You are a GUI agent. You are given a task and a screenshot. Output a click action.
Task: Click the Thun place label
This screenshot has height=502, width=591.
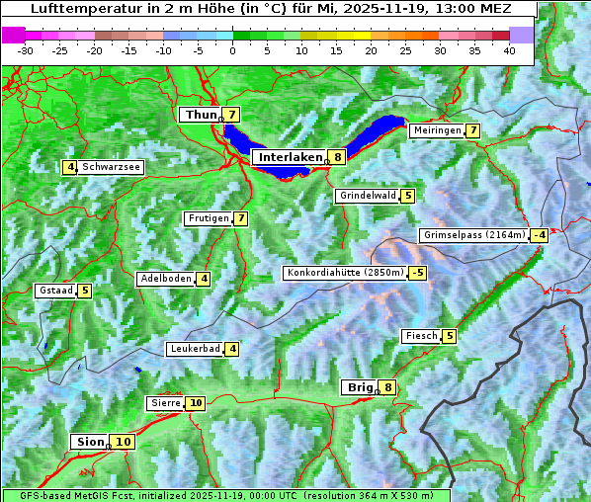tap(200, 116)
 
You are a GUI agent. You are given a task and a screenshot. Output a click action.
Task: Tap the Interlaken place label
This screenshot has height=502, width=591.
tap(291, 157)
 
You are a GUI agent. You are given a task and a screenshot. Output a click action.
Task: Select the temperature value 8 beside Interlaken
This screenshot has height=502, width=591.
tap(338, 157)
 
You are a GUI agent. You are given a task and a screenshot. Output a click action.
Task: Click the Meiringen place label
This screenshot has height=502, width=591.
tap(436, 130)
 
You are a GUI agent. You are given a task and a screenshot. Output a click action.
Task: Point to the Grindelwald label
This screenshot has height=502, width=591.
tap(368, 196)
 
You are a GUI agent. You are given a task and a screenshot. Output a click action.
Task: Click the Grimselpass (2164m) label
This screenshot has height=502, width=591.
tap(473, 235)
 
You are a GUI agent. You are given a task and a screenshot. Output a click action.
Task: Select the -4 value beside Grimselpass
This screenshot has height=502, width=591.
tap(539, 235)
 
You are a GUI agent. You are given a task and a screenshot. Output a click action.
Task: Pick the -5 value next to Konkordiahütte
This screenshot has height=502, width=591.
tap(418, 273)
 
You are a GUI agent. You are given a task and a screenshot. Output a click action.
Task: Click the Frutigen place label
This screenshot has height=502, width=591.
tap(208, 218)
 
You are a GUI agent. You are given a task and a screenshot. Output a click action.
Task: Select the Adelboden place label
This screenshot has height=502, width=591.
tap(165, 279)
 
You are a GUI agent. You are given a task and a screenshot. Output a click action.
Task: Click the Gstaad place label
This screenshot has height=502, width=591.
tap(55, 291)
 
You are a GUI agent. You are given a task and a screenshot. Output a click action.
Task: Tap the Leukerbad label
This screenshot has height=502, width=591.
tap(194, 349)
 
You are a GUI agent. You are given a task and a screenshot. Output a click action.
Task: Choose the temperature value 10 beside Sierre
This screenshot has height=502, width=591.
tap(196, 403)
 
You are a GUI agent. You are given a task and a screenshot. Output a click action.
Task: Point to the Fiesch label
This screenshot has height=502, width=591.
tap(421, 336)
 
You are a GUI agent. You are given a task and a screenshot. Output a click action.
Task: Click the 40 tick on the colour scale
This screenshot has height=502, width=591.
tap(509, 50)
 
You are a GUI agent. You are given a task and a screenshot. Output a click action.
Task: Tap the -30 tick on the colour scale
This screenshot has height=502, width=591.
tap(26, 50)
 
